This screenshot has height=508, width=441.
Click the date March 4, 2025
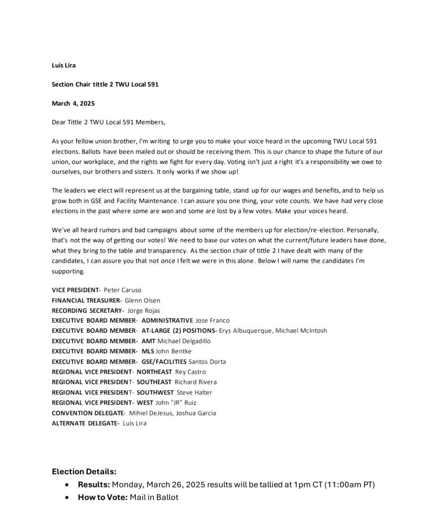[73, 103]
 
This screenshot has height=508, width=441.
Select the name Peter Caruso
[123, 290]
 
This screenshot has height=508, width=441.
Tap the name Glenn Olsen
[143, 300]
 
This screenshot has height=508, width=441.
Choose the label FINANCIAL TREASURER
[86, 300]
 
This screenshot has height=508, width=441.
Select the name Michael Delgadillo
[184, 341]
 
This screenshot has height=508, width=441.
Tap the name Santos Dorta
[207, 362]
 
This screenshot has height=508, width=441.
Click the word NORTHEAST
[154, 372]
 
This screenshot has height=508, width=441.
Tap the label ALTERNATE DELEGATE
[85, 424]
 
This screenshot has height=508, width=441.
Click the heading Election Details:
[84, 472]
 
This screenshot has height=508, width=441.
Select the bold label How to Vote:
[103, 497]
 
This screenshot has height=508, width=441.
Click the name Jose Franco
[213, 321]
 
